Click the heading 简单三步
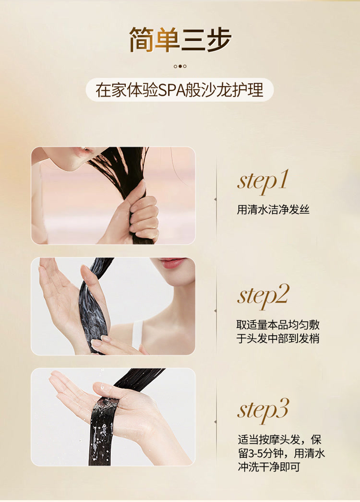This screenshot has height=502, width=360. (180, 40)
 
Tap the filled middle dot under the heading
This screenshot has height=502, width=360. (180, 66)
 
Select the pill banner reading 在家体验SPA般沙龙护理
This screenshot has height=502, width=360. (180, 90)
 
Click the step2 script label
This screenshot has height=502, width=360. (263, 297)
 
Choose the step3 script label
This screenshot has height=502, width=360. (263, 411)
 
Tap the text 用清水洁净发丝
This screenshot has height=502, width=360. (273, 210)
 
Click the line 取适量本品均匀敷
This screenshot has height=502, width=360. (278, 324)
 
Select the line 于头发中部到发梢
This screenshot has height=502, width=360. (278, 338)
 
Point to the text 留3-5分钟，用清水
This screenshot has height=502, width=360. (281, 454)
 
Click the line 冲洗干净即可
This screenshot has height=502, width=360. (269, 467)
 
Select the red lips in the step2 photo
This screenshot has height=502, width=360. (172, 263)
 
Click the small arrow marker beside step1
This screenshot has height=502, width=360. (215, 200)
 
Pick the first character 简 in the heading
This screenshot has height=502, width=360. (141, 40)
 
